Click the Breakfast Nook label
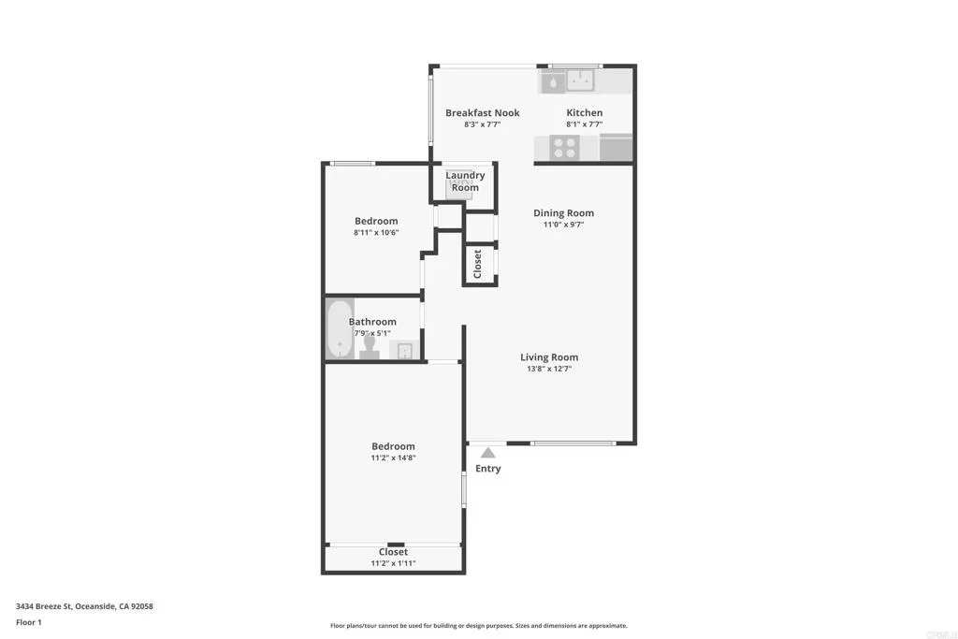[x=482, y=113]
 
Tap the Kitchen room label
[x=584, y=113]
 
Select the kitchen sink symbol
[x=570, y=82]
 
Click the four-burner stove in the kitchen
[x=564, y=148]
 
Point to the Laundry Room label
[x=465, y=182]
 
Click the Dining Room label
[x=563, y=213]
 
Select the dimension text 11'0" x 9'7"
[x=563, y=225]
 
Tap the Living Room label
[x=549, y=357]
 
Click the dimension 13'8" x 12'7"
[x=549, y=369]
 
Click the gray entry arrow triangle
[x=487, y=453]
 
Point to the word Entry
[x=487, y=469]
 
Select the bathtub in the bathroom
[x=339, y=328]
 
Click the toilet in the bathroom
[x=370, y=347]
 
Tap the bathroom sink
[x=404, y=350]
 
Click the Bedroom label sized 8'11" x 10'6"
[x=376, y=222]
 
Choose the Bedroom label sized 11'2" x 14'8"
[x=393, y=447]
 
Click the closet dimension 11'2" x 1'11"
[x=393, y=563]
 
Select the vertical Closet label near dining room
[x=478, y=264]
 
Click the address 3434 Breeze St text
[x=84, y=606]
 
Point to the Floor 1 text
[x=29, y=622]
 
